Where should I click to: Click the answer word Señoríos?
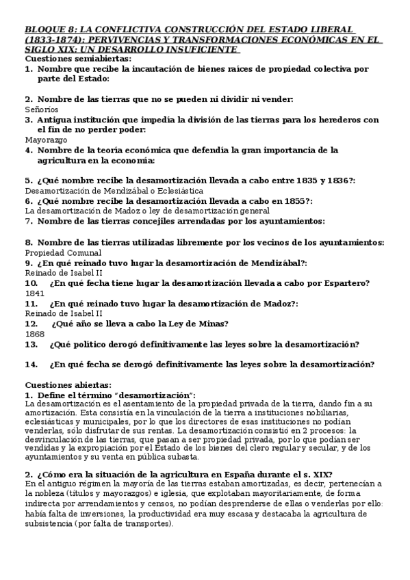point(41,109)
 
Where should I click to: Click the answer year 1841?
point(34,293)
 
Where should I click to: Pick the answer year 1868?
point(34,333)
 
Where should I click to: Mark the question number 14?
point(31,365)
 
